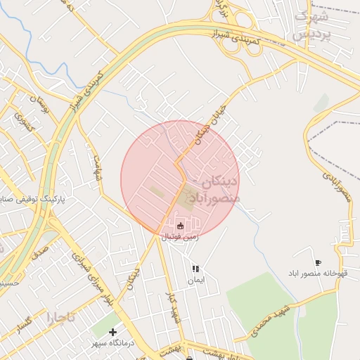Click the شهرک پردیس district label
pos(311,25)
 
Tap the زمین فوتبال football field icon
pos(181,226)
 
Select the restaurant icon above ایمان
pos(195,269)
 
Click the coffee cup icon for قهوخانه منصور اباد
pos(318,262)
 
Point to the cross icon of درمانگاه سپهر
pos(112,332)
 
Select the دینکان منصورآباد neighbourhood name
pos(211,191)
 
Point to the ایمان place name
pos(195,280)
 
